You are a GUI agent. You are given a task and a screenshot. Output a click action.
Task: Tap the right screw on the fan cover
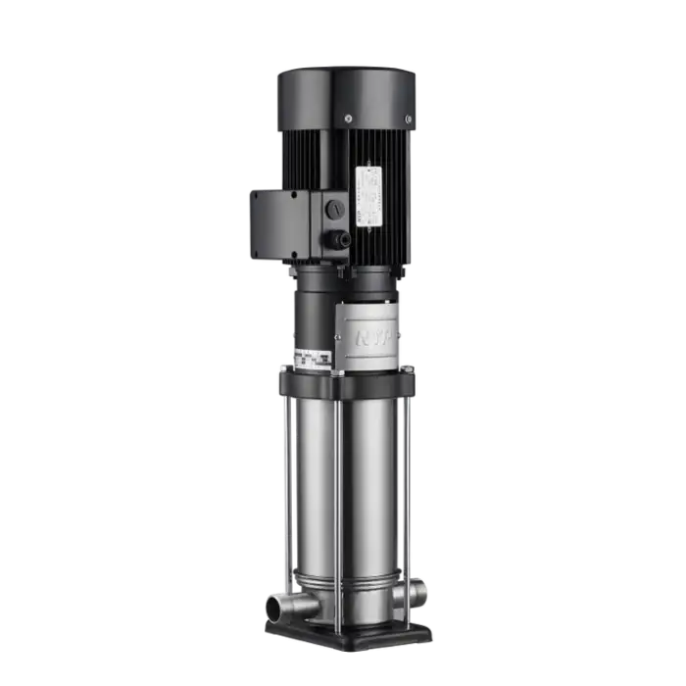pyautogui.click(x=408, y=120)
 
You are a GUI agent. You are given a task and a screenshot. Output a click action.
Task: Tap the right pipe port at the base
pyautogui.click(x=419, y=591)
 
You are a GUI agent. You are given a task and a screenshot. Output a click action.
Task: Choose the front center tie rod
pyautogui.click(x=338, y=490)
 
